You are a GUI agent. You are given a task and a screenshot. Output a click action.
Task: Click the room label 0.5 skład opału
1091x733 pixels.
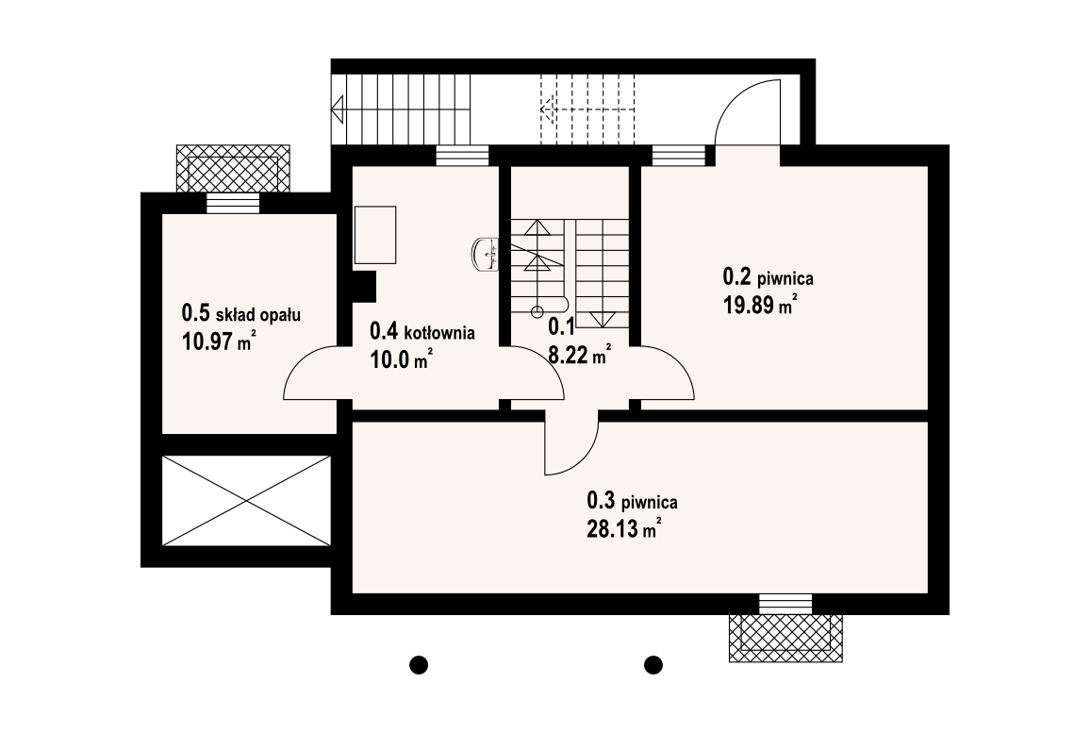(240, 314)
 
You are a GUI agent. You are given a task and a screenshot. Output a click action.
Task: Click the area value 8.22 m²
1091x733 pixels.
(580, 355)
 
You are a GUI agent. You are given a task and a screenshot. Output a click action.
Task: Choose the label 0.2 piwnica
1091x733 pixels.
(769, 277)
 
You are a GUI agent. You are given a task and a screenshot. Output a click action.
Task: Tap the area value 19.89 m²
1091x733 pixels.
(760, 305)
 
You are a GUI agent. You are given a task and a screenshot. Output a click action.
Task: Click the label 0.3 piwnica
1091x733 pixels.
(632, 501)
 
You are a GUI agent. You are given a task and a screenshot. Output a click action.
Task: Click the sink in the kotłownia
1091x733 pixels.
(485, 254)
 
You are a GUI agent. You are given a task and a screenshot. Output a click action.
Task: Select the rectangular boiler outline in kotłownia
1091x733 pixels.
(375, 235)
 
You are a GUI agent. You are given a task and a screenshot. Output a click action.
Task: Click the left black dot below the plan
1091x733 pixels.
(418, 665)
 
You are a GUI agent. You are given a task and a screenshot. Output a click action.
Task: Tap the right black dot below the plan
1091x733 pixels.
(653, 665)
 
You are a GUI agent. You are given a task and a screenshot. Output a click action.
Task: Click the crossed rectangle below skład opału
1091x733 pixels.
(246, 501)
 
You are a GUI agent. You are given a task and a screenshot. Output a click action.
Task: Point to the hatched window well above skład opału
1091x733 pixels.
(233, 169)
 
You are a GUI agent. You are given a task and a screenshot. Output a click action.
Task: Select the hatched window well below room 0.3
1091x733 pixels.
(785, 638)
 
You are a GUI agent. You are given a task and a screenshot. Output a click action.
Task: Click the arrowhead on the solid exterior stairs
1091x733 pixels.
(339, 109)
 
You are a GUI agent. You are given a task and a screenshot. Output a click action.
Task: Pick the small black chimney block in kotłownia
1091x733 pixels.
(364, 286)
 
